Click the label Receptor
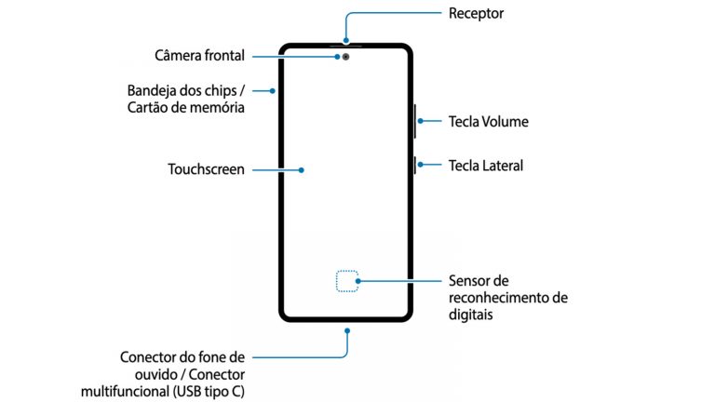(x=476, y=14)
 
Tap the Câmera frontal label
(x=200, y=56)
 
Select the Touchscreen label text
(x=206, y=169)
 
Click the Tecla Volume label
(x=489, y=121)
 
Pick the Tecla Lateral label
(x=486, y=166)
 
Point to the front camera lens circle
(x=346, y=56)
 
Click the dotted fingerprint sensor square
(x=346, y=280)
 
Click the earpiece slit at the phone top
(x=345, y=45)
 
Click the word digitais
(x=471, y=315)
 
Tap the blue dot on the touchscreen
(x=303, y=169)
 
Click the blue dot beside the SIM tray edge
(x=271, y=90)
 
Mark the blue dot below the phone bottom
(x=346, y=329)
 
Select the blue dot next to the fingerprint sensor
(x=359, y=280)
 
